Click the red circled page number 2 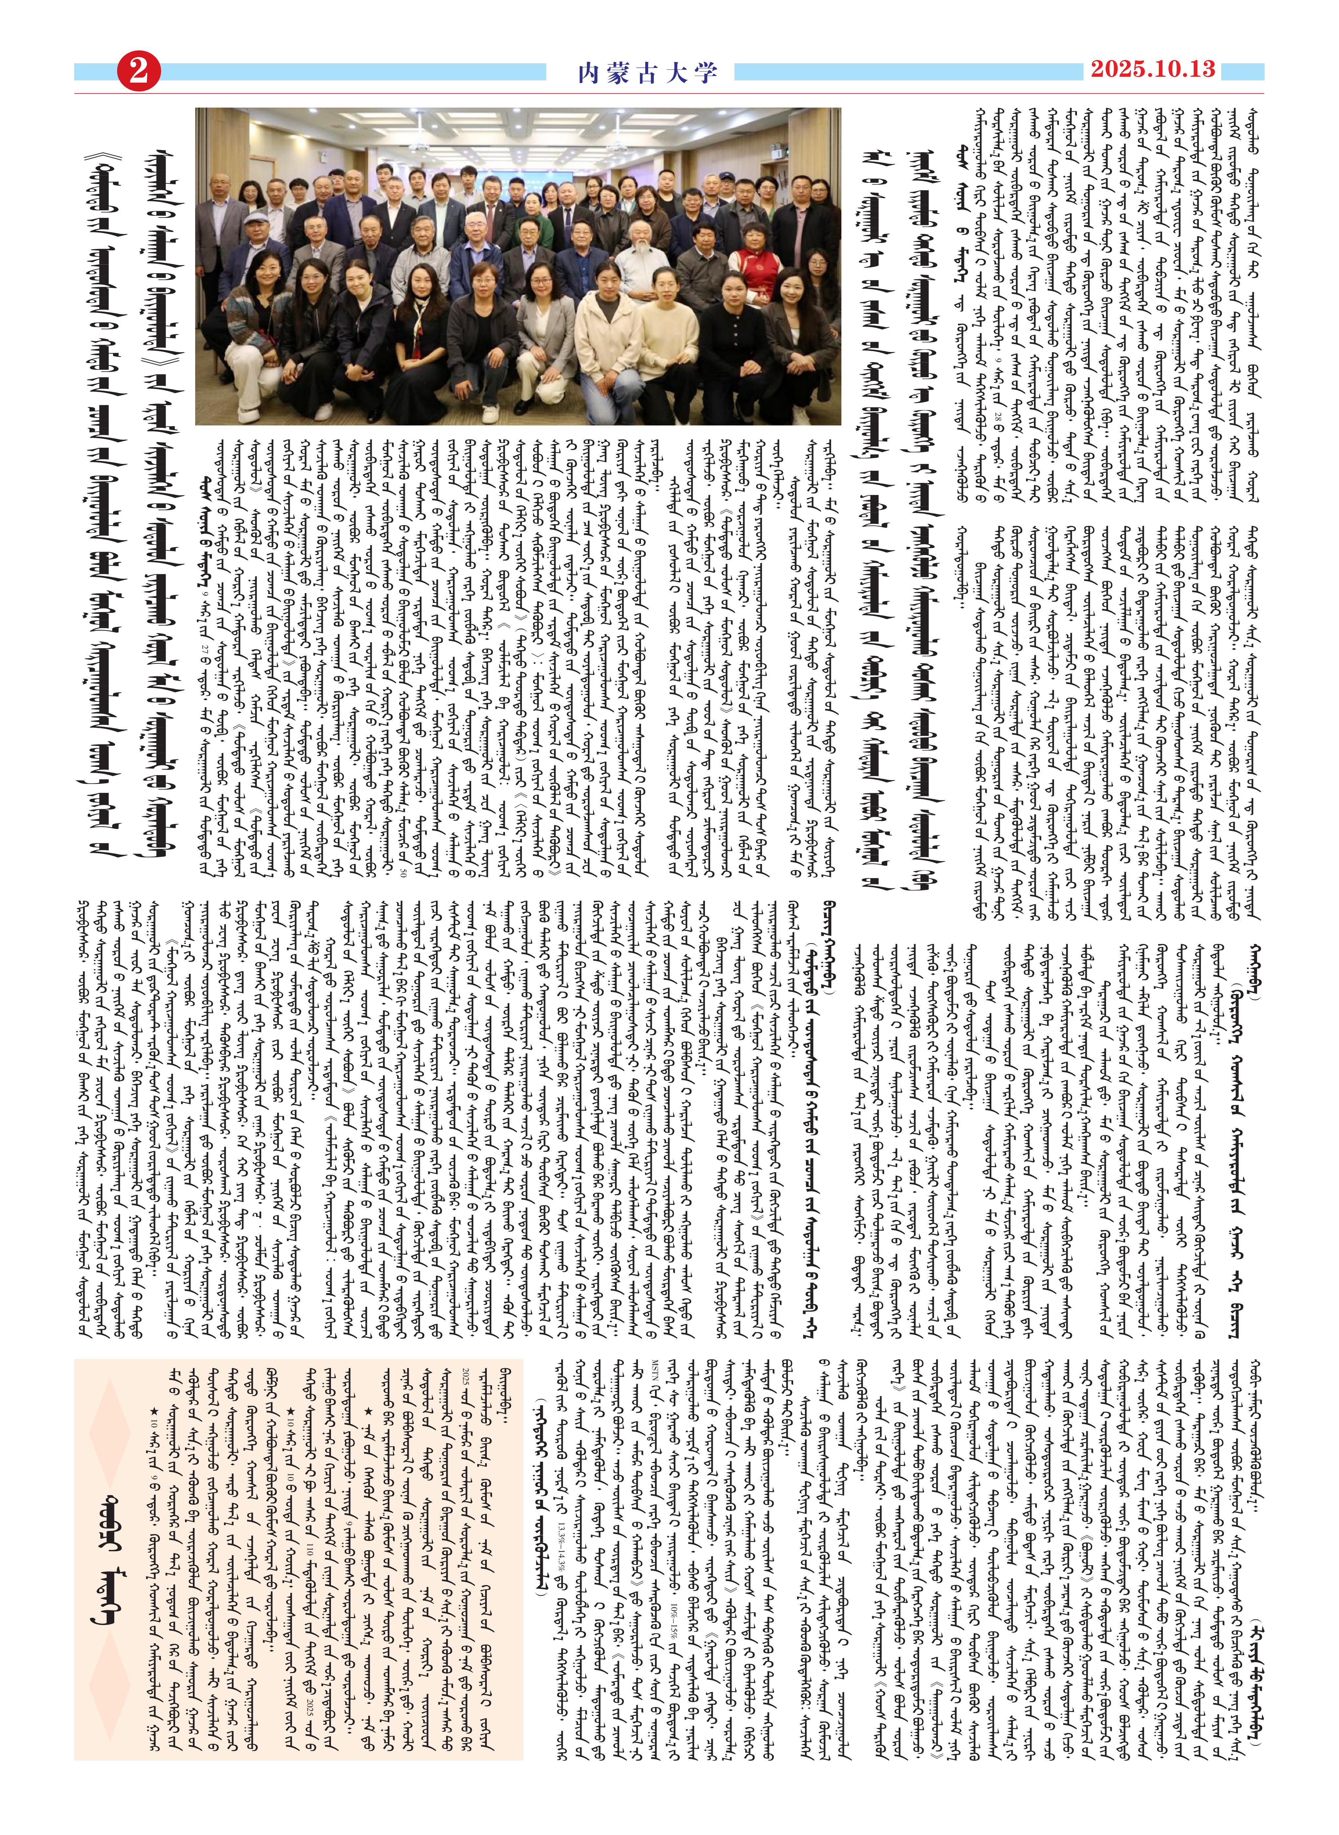tap(139, 71)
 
